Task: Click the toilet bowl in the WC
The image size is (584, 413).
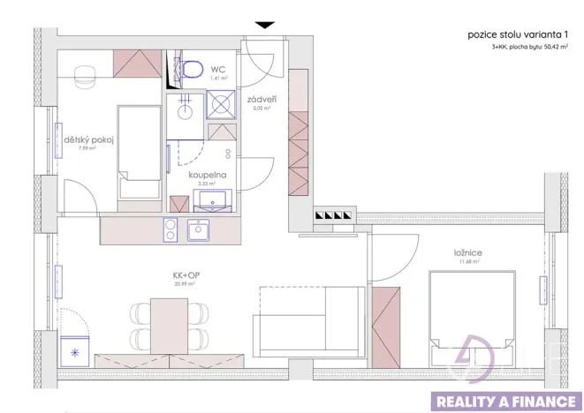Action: pos(190,70)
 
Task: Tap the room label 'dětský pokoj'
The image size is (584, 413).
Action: pos(85,139)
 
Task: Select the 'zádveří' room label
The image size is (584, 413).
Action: pos(257,100)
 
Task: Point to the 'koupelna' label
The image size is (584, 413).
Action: pos(207,175)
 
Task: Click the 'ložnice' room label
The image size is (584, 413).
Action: pos(470,252)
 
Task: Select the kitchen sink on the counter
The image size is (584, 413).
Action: pos(200,231)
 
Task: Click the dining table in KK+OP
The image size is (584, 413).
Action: pos(168,325)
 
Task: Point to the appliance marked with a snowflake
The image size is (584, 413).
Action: pos(73,351)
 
